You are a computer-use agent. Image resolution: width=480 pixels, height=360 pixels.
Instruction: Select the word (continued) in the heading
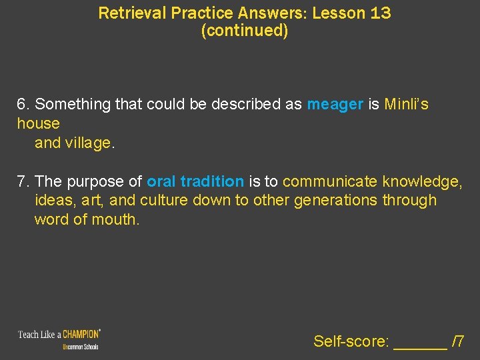(245, 31)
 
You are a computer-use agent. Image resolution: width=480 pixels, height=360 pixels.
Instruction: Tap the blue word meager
(335, 105)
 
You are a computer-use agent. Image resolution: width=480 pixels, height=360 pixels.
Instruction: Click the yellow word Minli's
(407, 105)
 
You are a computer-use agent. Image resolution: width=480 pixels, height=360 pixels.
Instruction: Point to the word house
(38, 124)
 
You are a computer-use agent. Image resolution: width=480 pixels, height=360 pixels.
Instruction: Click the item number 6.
(23, 105)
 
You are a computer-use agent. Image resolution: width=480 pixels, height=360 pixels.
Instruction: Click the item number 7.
(23, 181)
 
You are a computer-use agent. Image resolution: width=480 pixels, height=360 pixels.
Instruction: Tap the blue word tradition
(212, 181)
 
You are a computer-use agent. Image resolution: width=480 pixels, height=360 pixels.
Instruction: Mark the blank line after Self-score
(420, 343)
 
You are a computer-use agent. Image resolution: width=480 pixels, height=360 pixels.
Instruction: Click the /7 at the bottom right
(458, 342)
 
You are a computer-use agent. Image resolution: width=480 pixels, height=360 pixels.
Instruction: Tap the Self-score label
(351, 342)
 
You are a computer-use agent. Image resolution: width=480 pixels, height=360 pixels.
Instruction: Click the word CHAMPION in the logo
(81, 333)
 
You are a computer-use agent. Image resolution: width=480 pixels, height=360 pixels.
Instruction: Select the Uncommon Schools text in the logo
(81, 347)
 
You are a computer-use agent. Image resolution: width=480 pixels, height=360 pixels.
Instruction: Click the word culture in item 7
(164, 201)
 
